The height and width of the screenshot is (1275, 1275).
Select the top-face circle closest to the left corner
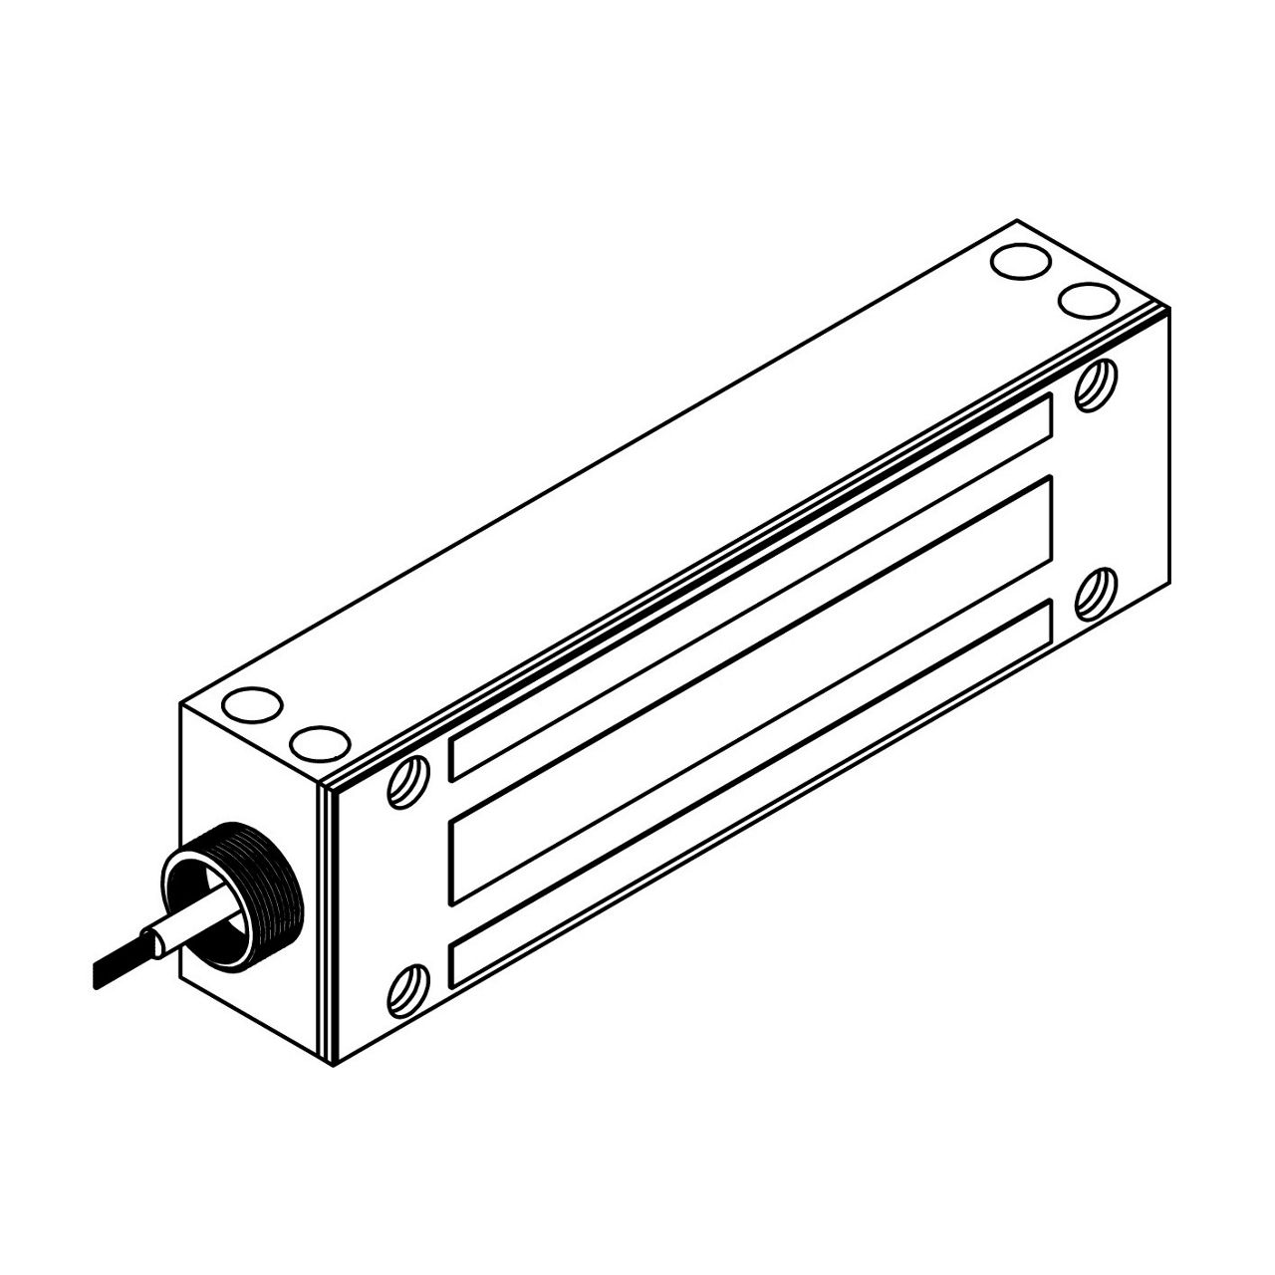[x=252, y=705]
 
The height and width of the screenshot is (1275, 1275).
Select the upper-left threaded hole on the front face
[x=410, y=780]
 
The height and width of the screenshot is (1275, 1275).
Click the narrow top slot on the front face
[x=752, y=587]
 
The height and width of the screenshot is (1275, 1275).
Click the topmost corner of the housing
[x=1016, y=220]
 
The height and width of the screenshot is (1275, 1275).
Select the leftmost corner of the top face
[x=180, y=703]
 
